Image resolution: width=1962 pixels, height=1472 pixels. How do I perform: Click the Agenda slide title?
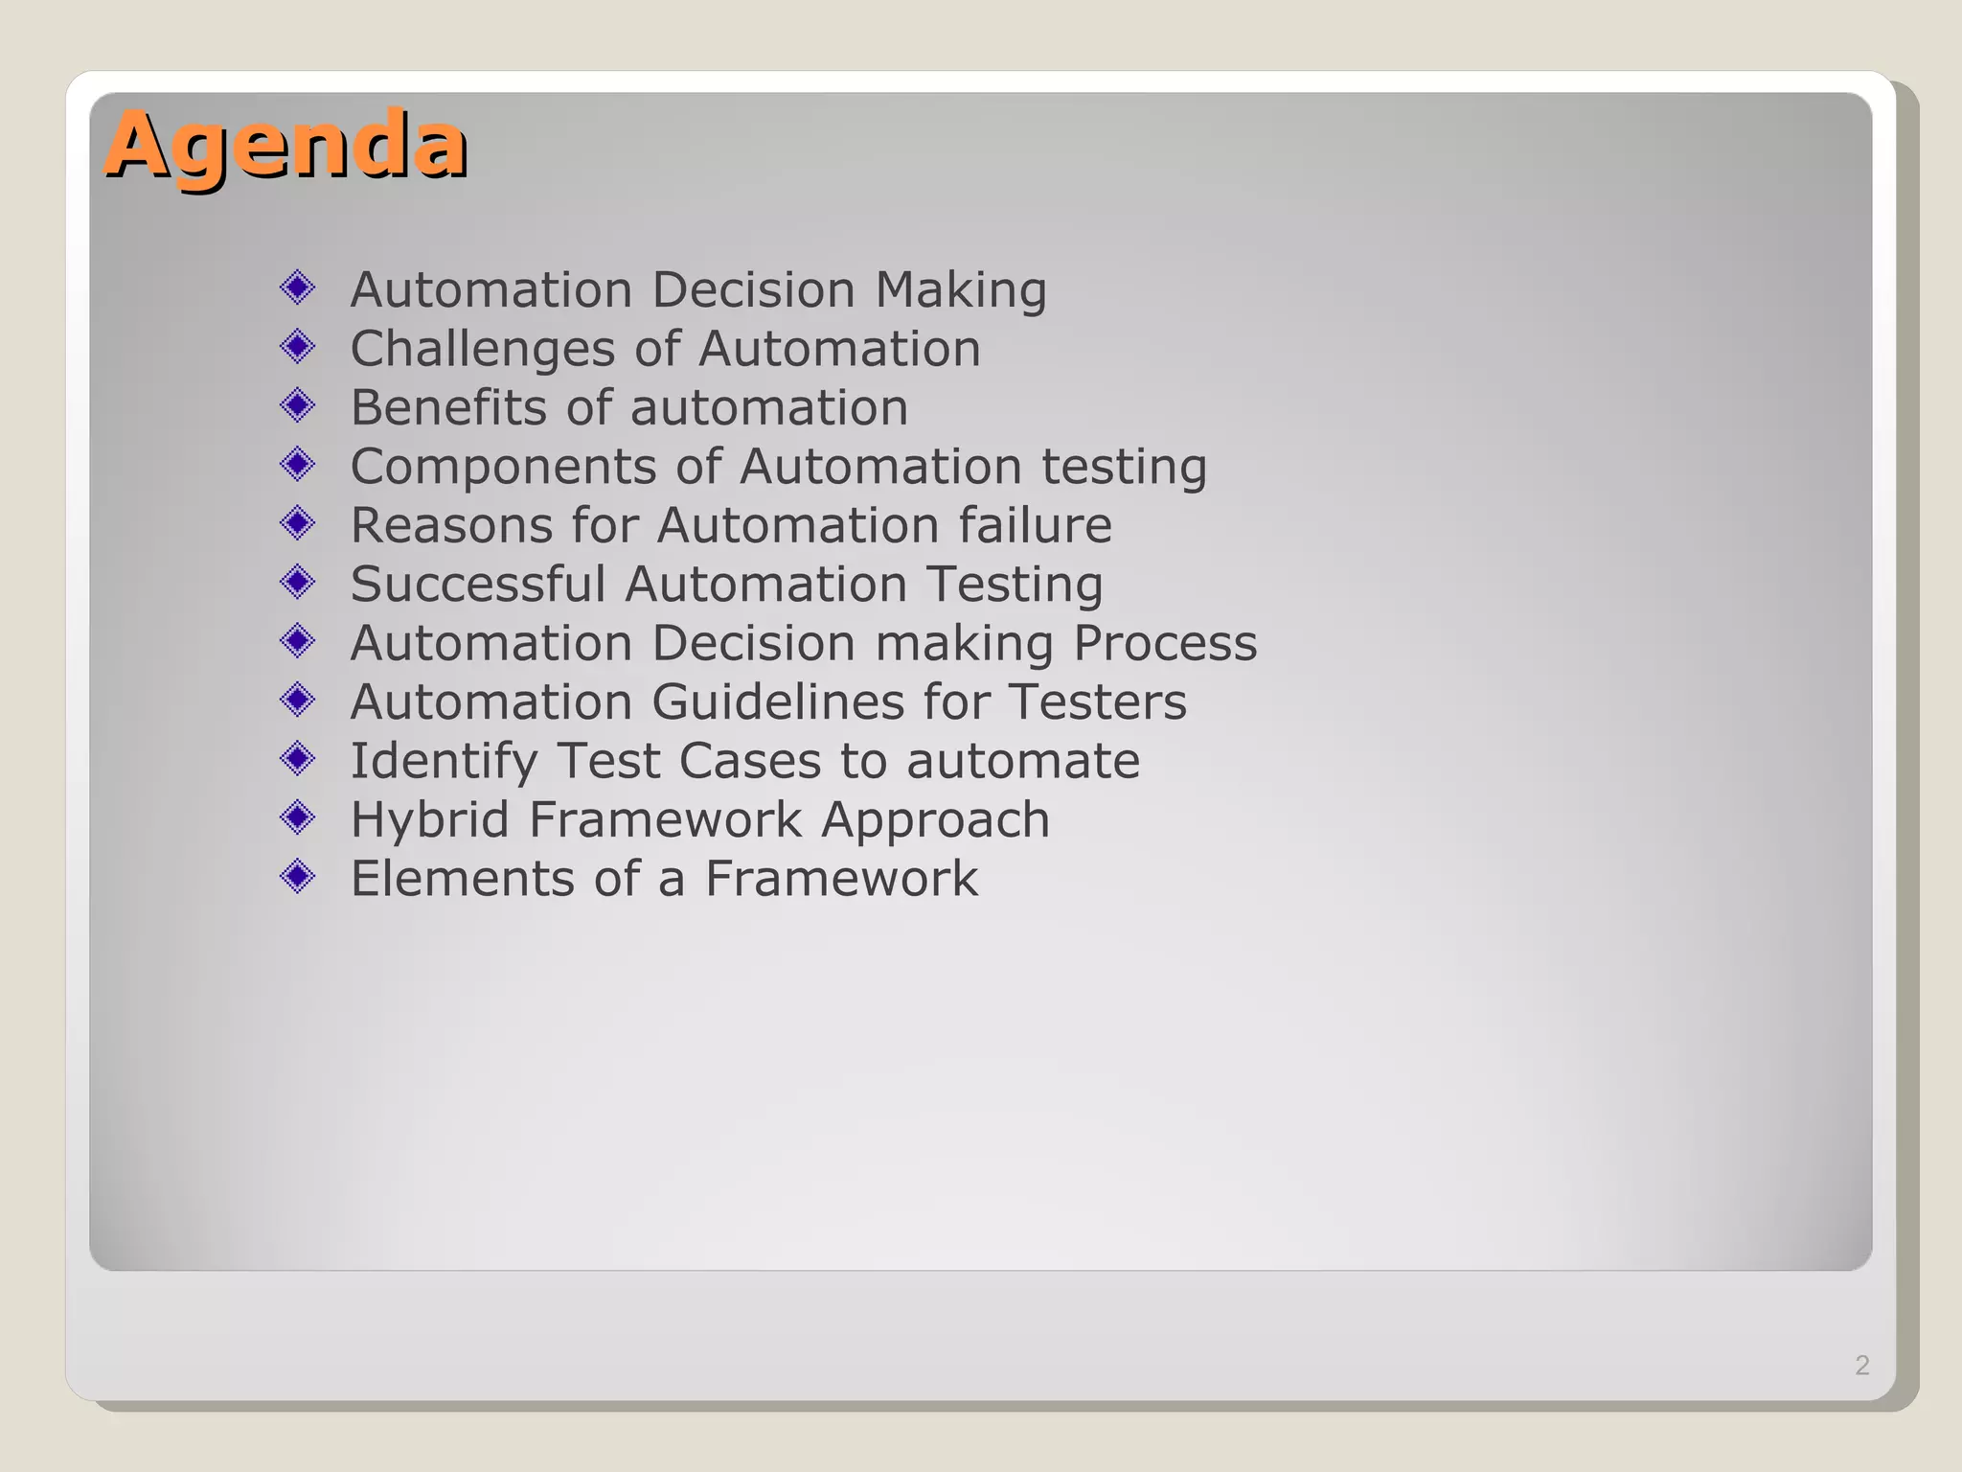coord(285,146)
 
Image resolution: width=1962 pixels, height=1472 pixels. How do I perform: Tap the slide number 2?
coord(1861,1365)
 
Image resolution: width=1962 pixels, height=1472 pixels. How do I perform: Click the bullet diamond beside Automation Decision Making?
coord(298,287)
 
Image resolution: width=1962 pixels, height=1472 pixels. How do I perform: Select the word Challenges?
coord(482,349)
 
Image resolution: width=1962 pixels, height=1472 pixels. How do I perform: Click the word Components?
coord(503,467)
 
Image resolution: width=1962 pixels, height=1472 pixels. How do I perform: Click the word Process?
coord(1164,643)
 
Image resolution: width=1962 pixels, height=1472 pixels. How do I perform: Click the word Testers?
coord(1098,701)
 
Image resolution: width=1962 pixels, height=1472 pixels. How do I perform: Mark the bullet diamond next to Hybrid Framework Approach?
coord(298,817)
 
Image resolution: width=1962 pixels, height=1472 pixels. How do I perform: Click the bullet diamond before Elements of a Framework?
coord(298,876)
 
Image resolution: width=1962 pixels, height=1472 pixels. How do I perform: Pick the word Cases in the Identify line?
coord(750,761)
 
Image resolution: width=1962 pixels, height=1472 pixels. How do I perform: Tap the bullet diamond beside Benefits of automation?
coord(298,405)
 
